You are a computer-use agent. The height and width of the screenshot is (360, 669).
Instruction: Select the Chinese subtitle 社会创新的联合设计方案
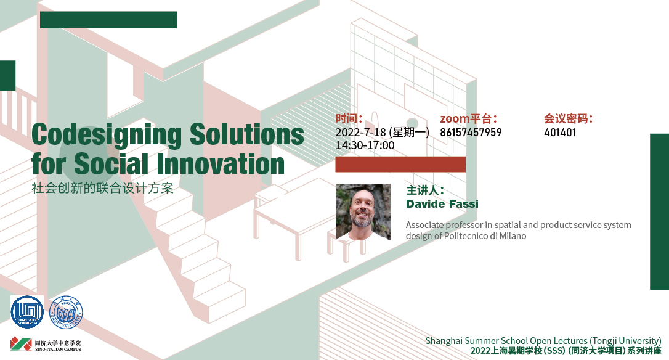coord(103,189)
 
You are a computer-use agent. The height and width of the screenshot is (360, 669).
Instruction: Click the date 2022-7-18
coord(360,133)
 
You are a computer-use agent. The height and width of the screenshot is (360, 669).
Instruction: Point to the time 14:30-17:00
coord(365,145)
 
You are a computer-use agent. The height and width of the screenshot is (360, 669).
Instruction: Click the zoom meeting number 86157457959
coord(471,133)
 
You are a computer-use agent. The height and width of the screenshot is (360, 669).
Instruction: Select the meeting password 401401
coord(560,133)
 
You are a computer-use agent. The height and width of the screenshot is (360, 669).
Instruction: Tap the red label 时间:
coord(349,118)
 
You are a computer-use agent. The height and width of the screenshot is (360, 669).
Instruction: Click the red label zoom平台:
coord(468,118)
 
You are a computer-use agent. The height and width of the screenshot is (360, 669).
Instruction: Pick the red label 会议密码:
coord(569,118)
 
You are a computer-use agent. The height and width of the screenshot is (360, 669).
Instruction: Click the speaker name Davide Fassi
coord(442,203)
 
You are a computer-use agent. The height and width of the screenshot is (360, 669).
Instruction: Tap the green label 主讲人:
coord(425,190)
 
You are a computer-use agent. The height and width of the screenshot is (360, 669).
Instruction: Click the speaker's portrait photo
coord(363,212)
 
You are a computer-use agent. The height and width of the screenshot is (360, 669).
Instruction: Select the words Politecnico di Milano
coord(485,236)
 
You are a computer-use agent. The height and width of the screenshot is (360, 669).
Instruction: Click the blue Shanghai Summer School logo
coord(27,312)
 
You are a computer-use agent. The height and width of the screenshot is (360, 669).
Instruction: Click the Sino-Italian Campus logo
coord(46,344)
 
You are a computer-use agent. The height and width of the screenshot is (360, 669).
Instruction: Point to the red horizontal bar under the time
coord(400,165)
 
